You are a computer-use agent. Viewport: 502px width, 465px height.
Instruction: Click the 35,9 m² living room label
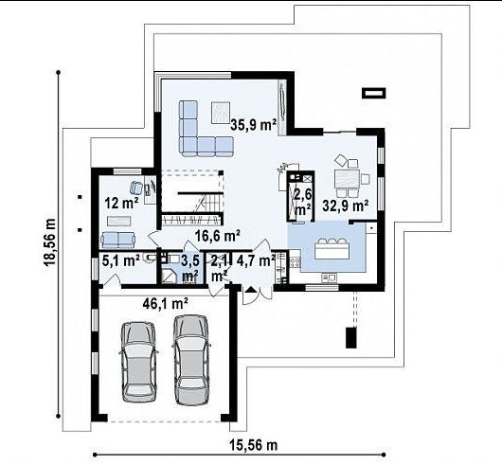pos(253,125)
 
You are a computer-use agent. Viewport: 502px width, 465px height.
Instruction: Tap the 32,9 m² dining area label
pos(346,206)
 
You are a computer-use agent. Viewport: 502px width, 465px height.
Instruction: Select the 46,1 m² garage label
pos(165,303)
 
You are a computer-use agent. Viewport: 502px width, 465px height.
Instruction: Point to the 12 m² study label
pos(122,203)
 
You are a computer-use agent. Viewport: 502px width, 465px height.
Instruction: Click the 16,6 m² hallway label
pos(218,236)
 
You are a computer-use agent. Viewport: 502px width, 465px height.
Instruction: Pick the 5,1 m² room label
pos(120,260)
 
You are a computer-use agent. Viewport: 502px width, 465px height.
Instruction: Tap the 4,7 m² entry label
pos(256,260)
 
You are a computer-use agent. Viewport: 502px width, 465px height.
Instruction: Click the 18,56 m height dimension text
pos(49,241)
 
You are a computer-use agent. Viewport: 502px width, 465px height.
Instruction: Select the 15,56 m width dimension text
pos(253,445)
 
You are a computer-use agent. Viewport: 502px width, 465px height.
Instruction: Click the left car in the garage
pos(138,362)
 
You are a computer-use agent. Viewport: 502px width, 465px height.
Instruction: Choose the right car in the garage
pos(191,360)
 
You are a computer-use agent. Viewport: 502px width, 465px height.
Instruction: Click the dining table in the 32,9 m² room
pos(348,179)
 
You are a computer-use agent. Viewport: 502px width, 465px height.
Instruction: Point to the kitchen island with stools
pos(332,249)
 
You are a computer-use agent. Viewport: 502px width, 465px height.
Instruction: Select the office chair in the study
pos(136,188)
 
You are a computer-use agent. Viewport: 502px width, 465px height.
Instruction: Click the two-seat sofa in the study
pos(117,240)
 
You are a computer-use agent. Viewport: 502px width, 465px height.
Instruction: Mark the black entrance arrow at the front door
pos(251,290)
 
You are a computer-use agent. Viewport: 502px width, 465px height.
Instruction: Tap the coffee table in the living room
pos(221,113)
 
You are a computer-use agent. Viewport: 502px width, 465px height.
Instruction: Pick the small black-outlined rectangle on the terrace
pos(373,93)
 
